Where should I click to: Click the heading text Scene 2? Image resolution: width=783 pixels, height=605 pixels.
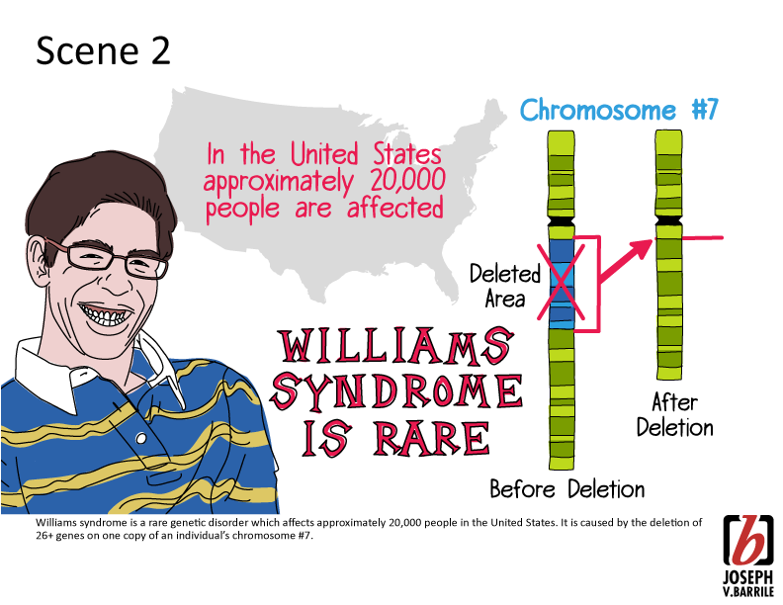(x=104, y=50)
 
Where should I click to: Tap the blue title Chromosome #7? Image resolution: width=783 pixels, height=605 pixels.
(x=619, y=110)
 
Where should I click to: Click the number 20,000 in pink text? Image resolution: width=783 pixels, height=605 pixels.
(x=408, y=180)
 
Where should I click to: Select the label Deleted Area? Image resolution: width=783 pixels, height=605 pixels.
(x=505, y=287)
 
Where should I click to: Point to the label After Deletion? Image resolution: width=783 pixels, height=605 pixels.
(x=674, y=415)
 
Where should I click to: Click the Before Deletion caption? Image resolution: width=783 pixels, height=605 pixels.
(x=567, y=488)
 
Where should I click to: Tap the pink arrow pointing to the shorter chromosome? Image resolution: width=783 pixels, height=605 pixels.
(x=626, y=261)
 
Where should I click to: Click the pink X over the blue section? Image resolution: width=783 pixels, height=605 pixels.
(x=561, y=281)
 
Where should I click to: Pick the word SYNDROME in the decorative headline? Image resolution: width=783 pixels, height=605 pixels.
(x=397, y=390)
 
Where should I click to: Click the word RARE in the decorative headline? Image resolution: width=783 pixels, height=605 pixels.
(x=432, y=438)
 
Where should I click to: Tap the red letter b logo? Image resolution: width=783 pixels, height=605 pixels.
(x=748, y=541)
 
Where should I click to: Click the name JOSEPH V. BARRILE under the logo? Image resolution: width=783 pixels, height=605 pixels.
(x=748, y=584)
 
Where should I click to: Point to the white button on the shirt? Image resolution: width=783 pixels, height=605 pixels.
(x=141, y=439)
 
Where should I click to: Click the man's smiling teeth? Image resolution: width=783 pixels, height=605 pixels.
(x=107, y=314)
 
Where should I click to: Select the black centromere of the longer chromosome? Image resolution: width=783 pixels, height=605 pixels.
(x=562, y=221)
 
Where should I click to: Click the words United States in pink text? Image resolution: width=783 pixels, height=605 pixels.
(x=366, y=154)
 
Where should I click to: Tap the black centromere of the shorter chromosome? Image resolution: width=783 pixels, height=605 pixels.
(x=668, y=220)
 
